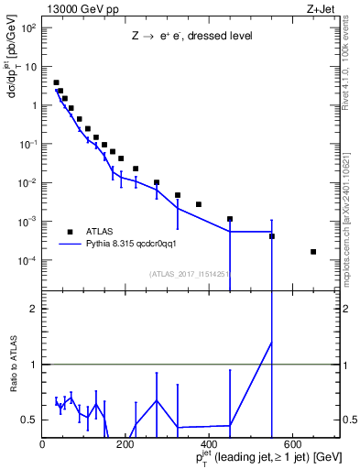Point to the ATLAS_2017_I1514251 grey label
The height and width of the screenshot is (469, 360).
pyautogui.click(x=190, y=273)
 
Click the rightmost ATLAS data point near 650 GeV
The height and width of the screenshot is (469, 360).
pyautogui.click(x=313, y=252)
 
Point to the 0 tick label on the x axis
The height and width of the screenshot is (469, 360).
pyautogui.click(x=42, y=445)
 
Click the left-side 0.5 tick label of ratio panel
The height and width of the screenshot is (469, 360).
pyautogui.click(x=30, y=420)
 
